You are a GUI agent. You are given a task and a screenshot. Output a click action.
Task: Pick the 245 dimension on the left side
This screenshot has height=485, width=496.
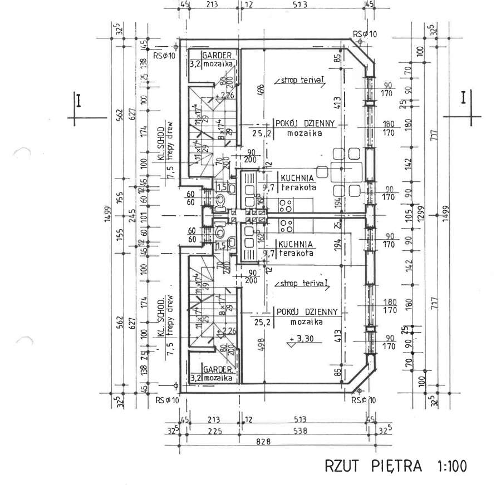click(132, 213)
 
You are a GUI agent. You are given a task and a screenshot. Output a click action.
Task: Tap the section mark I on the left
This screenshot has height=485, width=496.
click(80, 101)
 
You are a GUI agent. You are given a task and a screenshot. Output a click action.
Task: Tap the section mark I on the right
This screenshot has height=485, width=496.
click(464, 98)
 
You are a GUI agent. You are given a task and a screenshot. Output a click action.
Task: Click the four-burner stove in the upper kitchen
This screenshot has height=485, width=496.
click(286, 205)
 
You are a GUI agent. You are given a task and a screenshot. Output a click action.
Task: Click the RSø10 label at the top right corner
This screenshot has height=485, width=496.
click(365, 34)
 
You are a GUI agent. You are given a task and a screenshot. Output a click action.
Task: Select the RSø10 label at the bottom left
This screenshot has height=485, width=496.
click(167, 400)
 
